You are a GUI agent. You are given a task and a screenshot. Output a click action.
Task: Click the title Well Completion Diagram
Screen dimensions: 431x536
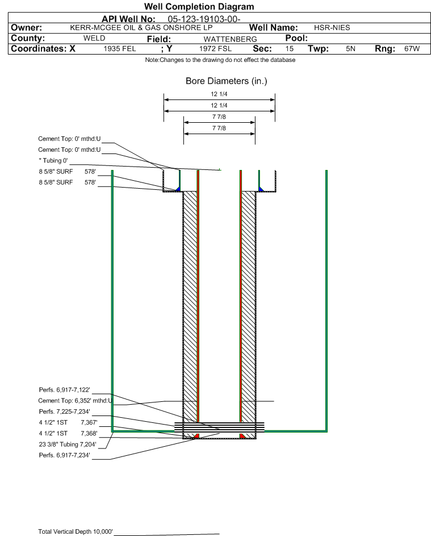coord(199,6)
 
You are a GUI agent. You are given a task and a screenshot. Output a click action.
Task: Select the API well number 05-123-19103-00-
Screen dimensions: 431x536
coord(204,19)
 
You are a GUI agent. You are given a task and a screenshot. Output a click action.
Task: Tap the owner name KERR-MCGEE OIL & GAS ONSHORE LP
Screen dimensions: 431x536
coord(141,28)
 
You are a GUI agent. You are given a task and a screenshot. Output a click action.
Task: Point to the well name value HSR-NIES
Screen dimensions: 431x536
coord(332,28)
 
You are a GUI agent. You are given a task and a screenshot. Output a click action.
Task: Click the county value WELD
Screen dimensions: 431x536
coord(94,38)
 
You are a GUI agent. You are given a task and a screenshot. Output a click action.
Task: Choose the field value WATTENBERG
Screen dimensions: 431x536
coord(230,39)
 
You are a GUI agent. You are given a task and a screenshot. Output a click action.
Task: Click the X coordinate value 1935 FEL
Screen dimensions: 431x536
coord(119,48)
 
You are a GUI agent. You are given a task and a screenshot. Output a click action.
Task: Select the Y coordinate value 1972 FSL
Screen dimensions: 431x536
coord(215,48)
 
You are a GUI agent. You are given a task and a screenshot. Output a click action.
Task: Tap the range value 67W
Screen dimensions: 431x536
coord(412,48)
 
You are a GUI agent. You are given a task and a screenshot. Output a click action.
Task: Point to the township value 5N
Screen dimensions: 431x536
coord(350,48)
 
